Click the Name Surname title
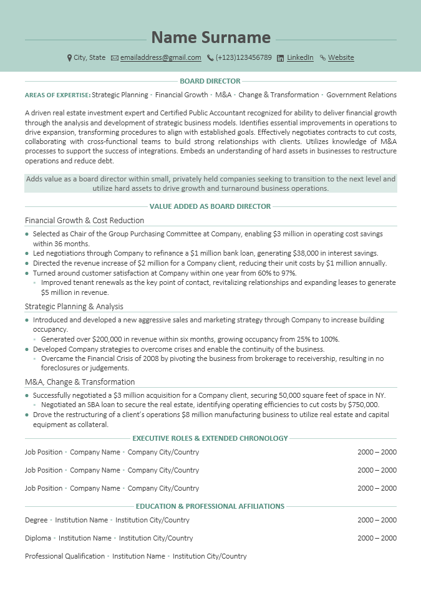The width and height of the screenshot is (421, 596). point(211,37)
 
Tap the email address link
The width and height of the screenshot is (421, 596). point(160,57)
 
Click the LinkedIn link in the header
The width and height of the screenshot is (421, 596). point(300,57)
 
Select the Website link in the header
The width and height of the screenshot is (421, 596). point(341,57)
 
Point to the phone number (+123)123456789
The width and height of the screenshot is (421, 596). point(243,57)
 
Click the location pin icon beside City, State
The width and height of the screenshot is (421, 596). point(69,57)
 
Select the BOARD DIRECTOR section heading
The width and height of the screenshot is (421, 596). point(210,81)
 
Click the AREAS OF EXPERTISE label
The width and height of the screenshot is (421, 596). point(57,95)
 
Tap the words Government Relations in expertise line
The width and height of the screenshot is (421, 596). point(361,95)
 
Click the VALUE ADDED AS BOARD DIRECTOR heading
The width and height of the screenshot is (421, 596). point(210,206)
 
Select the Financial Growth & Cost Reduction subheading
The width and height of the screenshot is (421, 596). point(84,220)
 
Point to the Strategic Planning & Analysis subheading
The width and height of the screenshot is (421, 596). point(74,306)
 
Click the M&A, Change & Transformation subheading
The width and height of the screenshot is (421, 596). point(80,382)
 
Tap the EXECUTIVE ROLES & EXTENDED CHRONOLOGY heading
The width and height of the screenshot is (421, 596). point(210,438)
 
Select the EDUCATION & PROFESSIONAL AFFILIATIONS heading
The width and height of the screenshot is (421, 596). point(210,506)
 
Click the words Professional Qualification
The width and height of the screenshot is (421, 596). point(65,556)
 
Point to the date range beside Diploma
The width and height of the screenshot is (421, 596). point(377,538)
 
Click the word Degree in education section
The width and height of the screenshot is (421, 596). point(36,520)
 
